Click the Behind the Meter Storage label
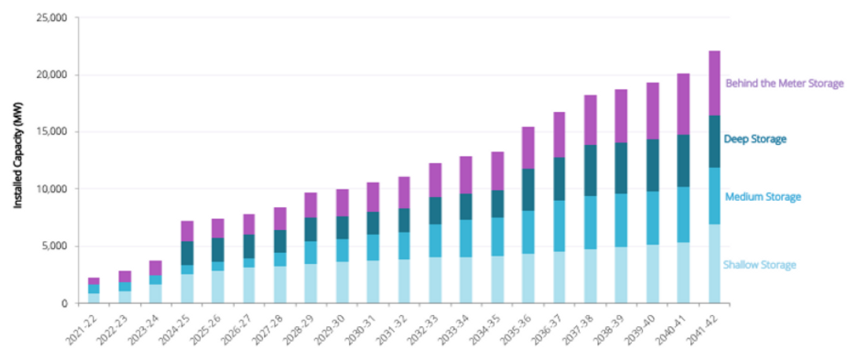point(784,83)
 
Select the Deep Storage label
point(755,139)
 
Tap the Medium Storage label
point(762,197)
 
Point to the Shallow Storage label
point(759,265)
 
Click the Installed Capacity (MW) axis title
point(18,160)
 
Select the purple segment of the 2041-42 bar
point(715,83)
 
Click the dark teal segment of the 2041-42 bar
point(715,142)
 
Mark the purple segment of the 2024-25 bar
point(187,231)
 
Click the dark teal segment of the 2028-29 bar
point(311,229)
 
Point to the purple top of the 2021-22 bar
point(94,280)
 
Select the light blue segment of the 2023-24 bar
point(156,294)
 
